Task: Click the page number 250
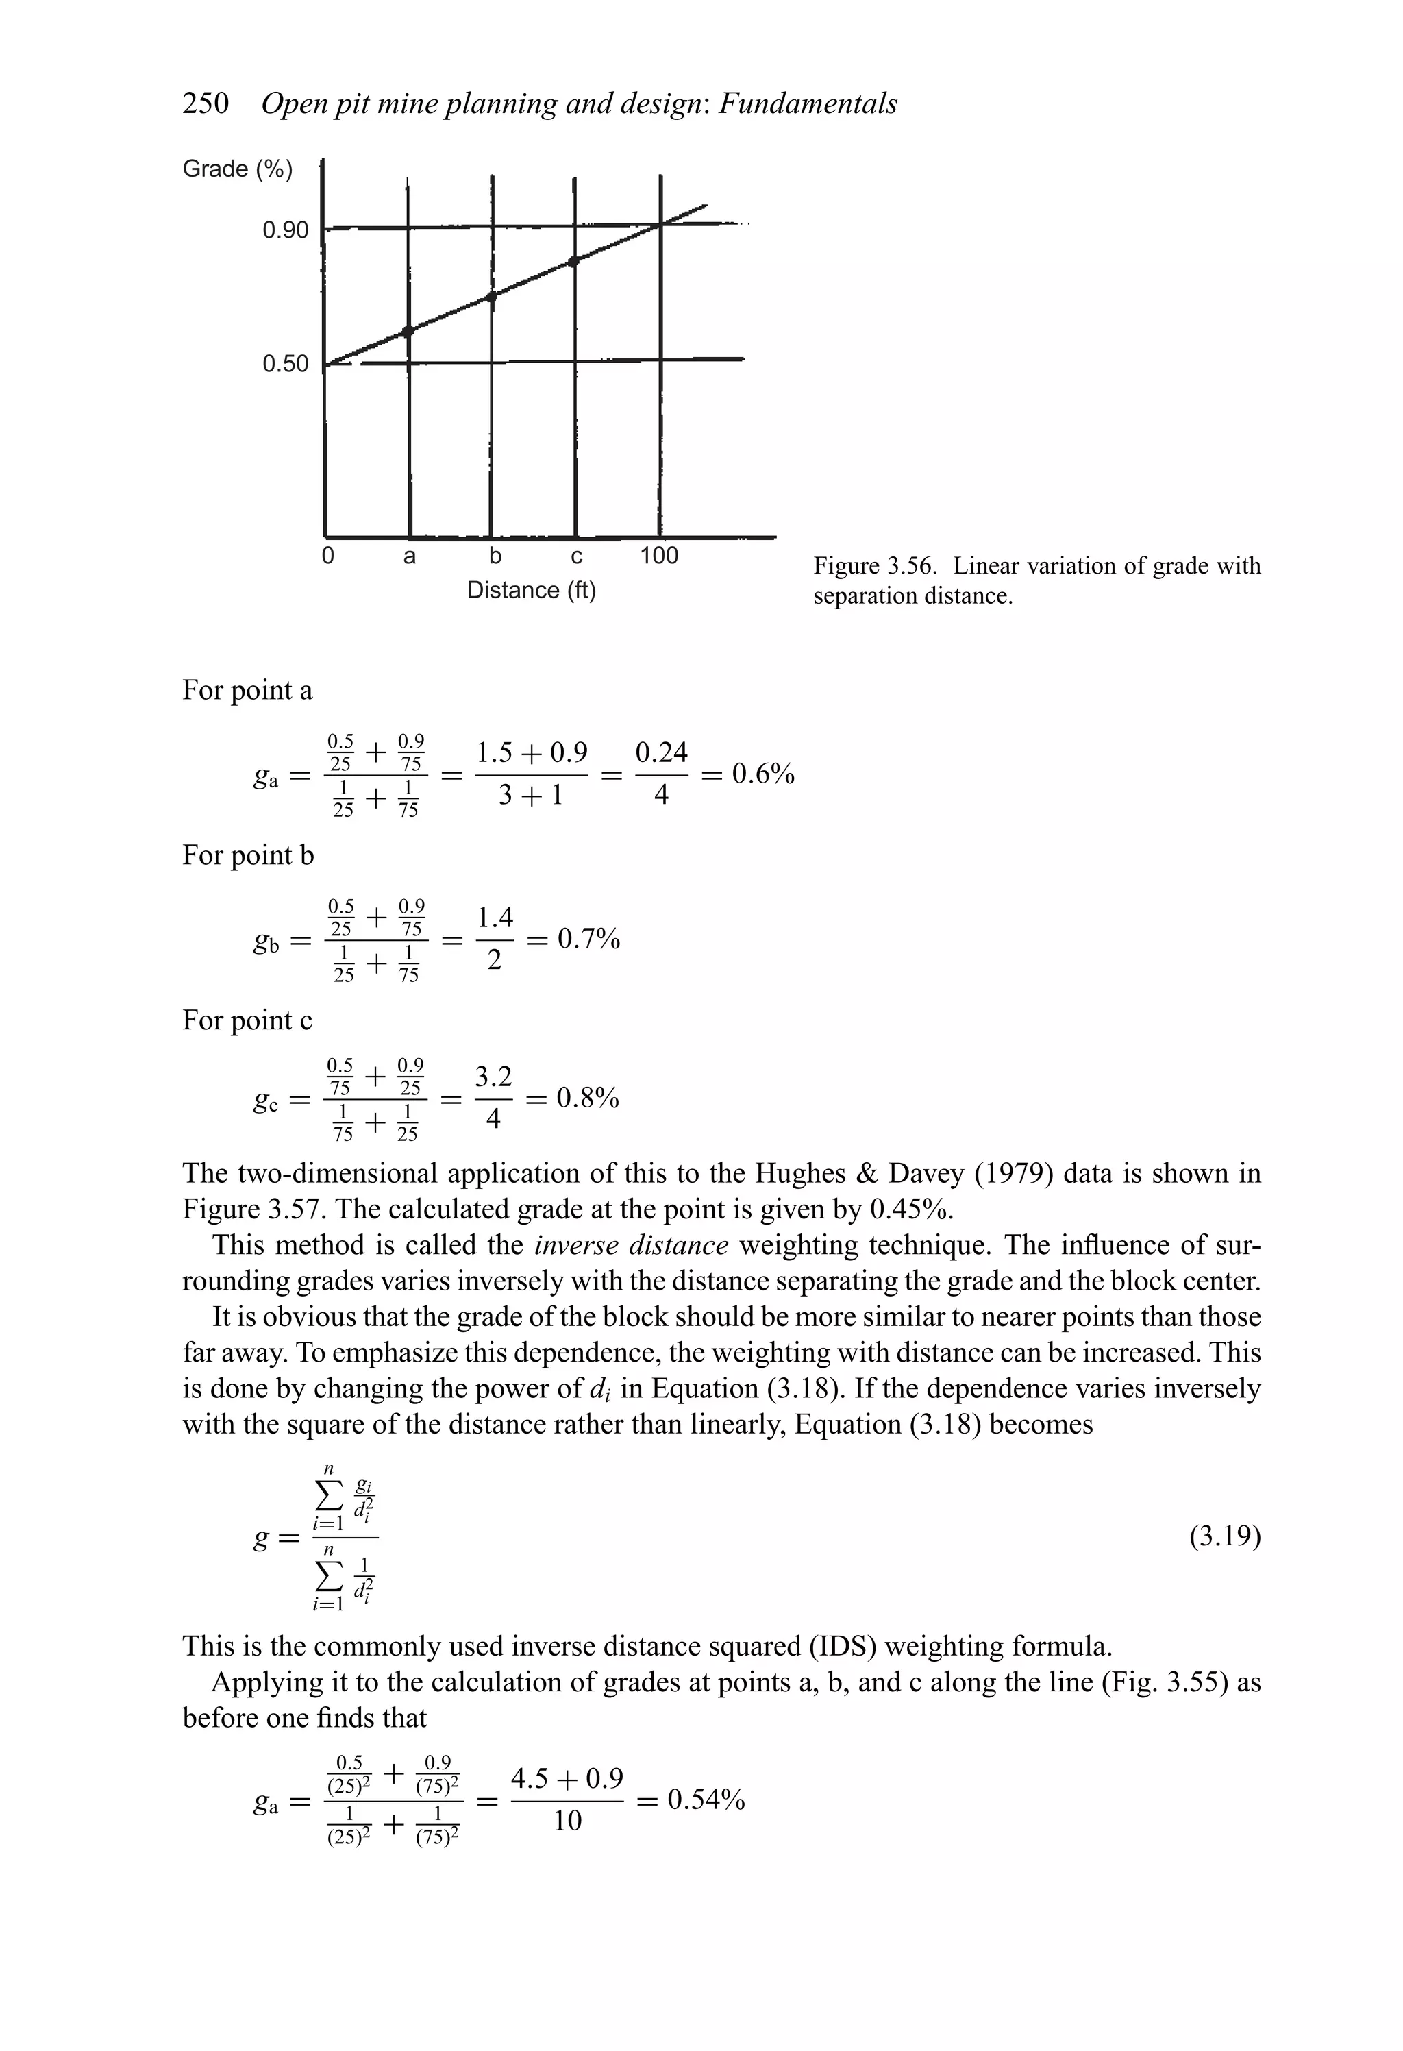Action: (x=205, y=104)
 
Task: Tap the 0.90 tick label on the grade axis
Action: (x=285, y=230)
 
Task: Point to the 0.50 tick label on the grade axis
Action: (x=285, y=364)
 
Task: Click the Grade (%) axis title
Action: (x=236, y=169)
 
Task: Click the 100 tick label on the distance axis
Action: (x=658, y=556)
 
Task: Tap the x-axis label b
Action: (x=495, y=556)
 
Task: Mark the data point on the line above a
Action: (x=408, y=331)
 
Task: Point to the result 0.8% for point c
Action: (x=588, y=1098)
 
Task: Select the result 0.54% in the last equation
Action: (x=706, y=1800)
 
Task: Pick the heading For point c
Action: (x=247, y=1020)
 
